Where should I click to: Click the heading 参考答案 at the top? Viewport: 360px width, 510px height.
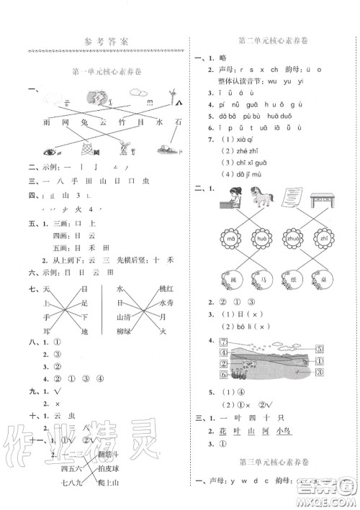[105, 41]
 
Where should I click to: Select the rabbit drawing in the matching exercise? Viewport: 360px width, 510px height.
[124, 150]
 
